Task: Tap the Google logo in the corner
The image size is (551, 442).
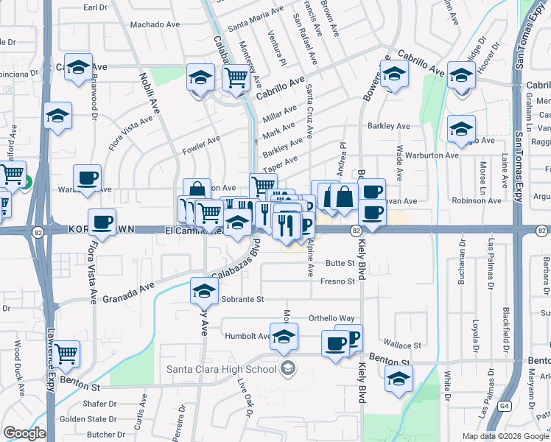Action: click(24, 433)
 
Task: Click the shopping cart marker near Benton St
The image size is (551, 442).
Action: click(67, 354)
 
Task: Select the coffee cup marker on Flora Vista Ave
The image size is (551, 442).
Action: click(102, 221)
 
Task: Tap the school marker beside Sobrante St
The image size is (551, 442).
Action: click(204, 290)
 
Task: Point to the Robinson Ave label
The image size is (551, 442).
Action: click(477, 200)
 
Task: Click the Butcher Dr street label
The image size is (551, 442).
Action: click(102, 435)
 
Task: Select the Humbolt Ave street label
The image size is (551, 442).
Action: click(248, 335)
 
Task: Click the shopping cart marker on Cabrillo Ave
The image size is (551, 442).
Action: click(236, 77)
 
